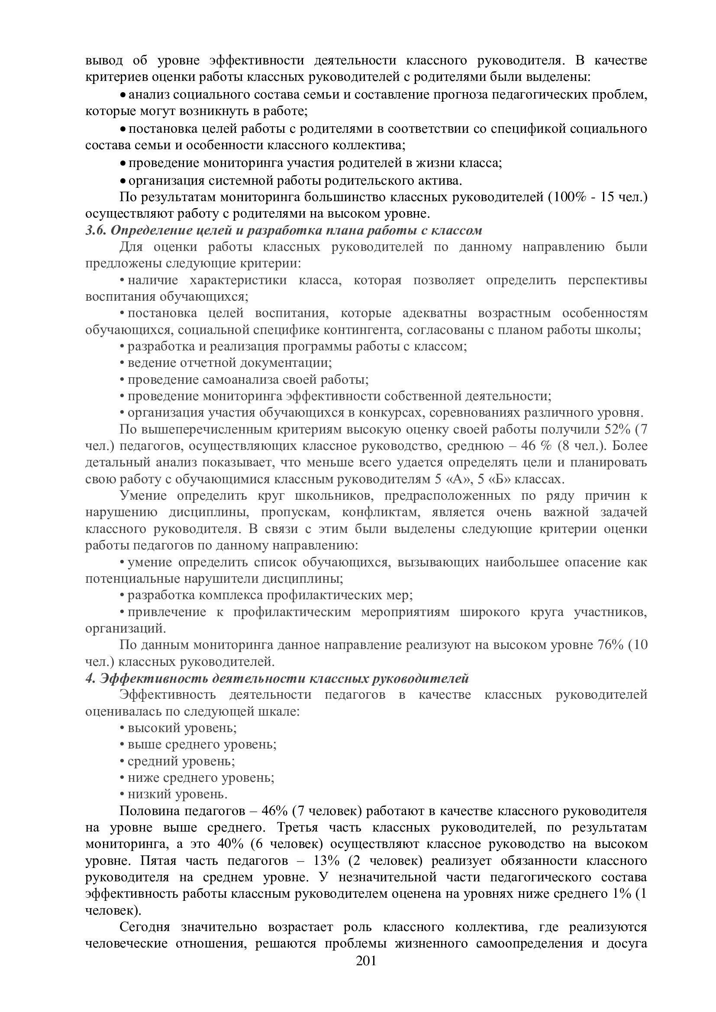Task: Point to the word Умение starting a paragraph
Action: point(143,496)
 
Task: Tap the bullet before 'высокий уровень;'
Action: point(122,728)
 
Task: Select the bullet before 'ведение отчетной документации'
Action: point(122,363)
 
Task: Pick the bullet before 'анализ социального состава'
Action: point(123,95)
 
